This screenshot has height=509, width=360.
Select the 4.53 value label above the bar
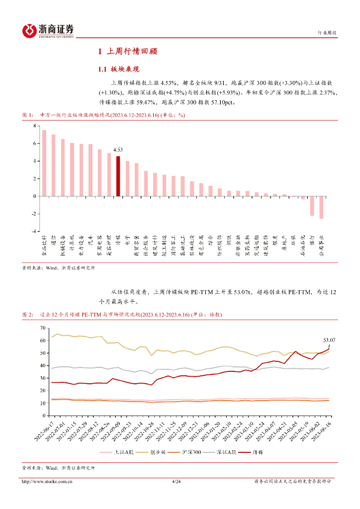click(x=118, y=150)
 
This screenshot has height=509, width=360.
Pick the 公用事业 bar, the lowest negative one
click(x=321, y=207)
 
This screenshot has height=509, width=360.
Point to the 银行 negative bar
click(x=312, y=206)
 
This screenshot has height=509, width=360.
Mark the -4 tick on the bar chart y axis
click(x=34, y=232)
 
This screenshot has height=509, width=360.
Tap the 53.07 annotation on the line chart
click(x=329, y=340)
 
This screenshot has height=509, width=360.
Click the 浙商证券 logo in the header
click(x=48, y=31)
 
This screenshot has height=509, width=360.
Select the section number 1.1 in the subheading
click(x=102, y=69)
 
